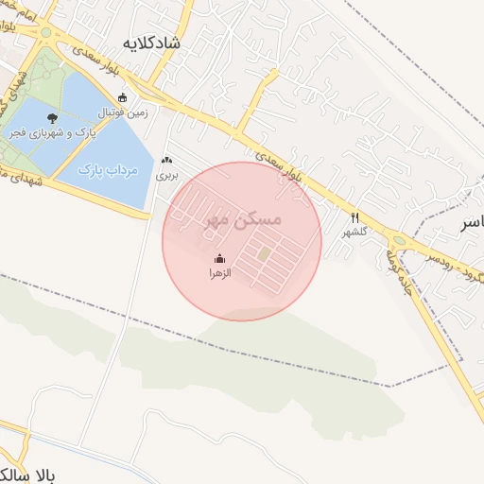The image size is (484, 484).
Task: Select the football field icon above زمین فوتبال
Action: point(122,96)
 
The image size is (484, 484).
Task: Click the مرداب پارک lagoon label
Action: point(106,170)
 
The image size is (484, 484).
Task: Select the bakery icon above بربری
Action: point(167,162)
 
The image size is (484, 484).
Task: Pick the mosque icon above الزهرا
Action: point(219,258)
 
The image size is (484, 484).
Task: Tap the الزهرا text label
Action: point(220,272)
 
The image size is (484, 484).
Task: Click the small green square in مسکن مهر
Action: point(265,253)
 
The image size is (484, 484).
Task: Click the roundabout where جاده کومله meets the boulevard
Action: point(400,241)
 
